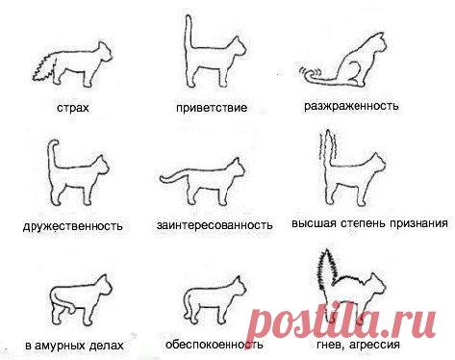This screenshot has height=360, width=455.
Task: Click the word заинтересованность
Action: pyautogui.click(x=215, y=226)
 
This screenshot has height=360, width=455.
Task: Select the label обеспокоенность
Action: pyautogui.click(x=219, y=344)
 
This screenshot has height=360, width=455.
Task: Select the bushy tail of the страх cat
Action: pyautogui.click(x=44, y=66)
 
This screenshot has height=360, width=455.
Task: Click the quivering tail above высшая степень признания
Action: pyautogui.click(x=328, y=154)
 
